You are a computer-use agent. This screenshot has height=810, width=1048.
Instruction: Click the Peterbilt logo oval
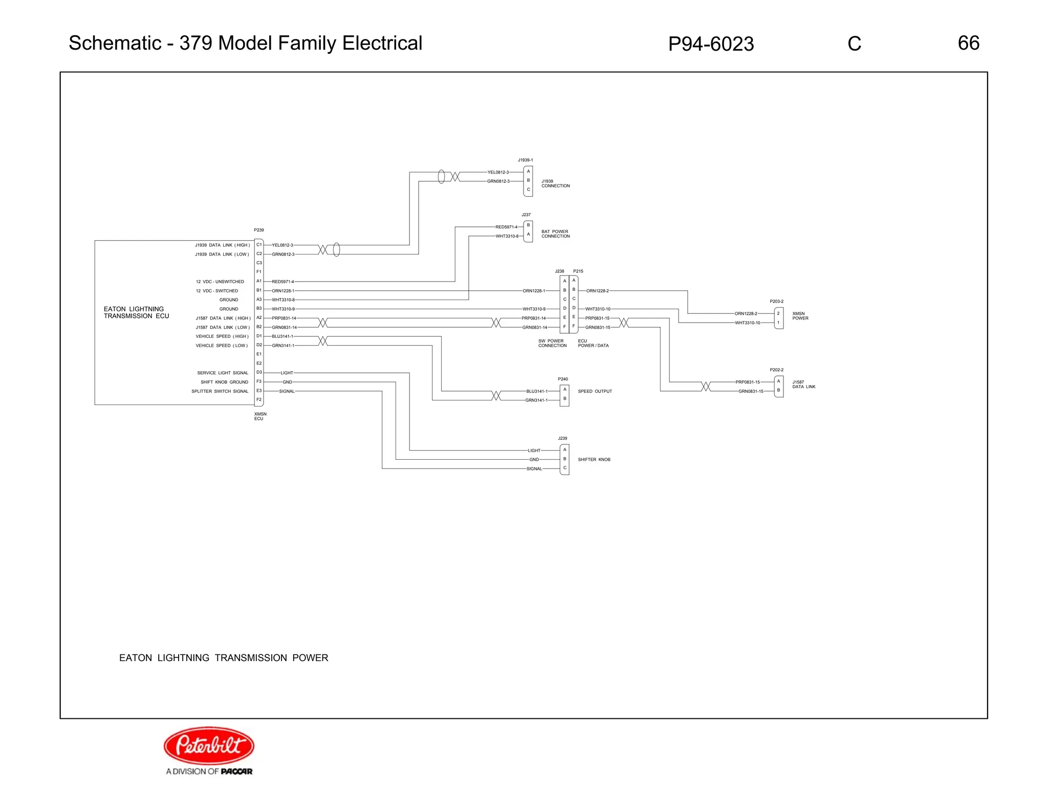(x=209, y=745)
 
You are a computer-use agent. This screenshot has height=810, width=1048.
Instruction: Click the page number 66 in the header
(x=968, y=43)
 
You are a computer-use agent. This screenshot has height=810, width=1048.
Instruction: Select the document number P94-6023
(x=711, y=44)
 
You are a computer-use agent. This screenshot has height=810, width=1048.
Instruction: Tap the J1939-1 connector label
(x=525, y=160)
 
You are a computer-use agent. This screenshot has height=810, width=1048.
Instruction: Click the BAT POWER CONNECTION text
(x=555, y=234)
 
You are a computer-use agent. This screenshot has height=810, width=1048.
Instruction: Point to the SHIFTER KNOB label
(x=594, y=460)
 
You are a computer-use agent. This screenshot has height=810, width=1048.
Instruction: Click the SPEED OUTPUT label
(x=595, y=391)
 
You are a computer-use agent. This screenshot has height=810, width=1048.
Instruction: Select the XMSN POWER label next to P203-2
(x=800, y=316)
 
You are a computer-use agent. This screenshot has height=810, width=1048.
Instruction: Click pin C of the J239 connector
(x=564, y=468)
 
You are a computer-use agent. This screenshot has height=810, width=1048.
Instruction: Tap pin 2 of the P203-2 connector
(x=778, y=313)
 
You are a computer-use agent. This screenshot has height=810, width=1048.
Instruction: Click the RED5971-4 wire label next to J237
(x=506, y=227)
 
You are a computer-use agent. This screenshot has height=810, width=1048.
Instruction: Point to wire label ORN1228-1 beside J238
(x=534, y=291)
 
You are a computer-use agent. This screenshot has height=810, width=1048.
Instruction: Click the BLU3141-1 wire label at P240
(x=537, y=391)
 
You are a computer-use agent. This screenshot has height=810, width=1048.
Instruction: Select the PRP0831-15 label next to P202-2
(x=748, y=382)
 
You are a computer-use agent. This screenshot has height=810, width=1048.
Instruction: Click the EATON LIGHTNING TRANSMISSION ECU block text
(x=136, y=312)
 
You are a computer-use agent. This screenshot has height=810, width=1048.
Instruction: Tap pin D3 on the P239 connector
(x=259, y=372)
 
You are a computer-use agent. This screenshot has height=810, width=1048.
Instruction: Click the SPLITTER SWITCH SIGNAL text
(x=220, y=391)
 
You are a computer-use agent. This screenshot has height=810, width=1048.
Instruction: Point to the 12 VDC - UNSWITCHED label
(x=220, y=282)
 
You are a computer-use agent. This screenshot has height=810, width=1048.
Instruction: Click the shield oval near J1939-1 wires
(x=441, y=177)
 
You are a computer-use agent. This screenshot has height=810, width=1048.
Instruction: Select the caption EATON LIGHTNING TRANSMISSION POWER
(x=224, y=658)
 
